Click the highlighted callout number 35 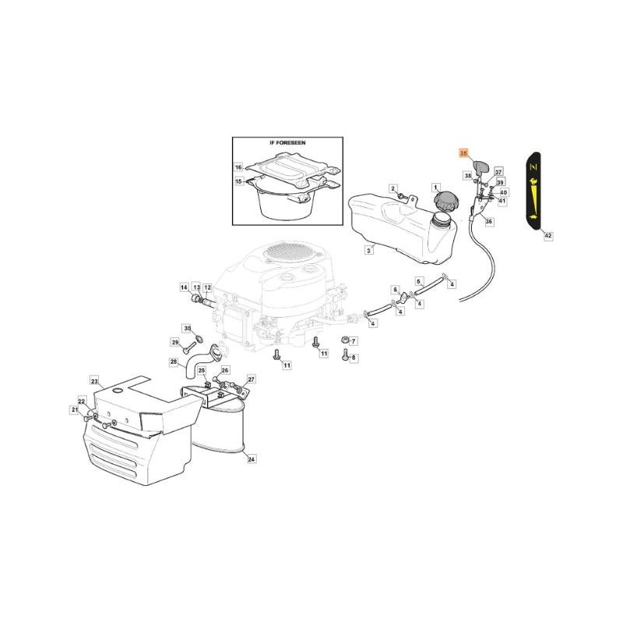463,154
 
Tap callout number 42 547,234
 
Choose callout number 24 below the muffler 251,459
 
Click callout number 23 94,381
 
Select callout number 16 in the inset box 239,167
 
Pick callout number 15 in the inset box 239,181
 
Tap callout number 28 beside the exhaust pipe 173,361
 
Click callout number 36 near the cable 489,222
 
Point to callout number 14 184,287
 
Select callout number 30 186,328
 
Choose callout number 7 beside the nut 353,341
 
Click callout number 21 75,410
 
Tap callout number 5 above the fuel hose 418,281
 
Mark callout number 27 251,378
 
